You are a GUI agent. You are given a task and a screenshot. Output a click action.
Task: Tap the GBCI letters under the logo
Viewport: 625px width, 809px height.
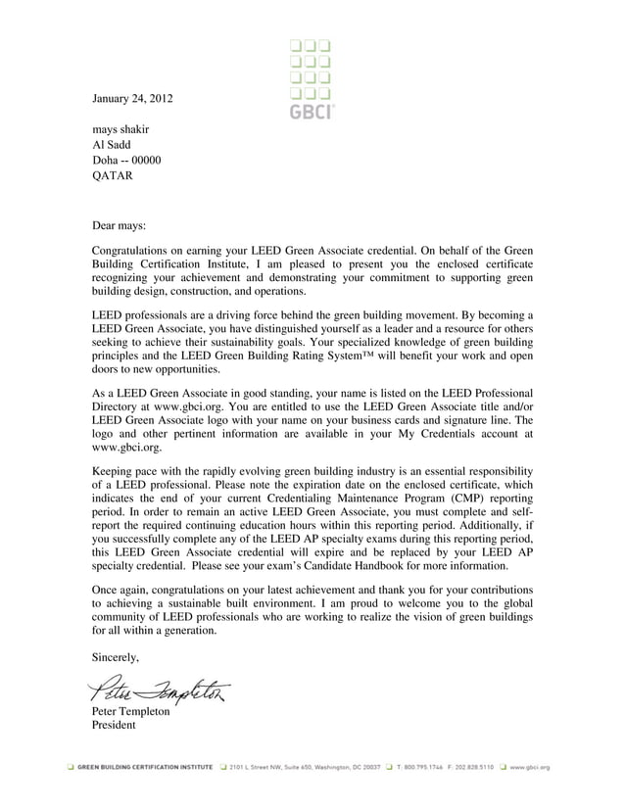point(312,112)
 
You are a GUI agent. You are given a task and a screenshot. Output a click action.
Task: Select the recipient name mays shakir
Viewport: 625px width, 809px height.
point(120,129)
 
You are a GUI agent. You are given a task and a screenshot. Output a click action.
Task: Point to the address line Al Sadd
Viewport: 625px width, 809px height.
point(110,145)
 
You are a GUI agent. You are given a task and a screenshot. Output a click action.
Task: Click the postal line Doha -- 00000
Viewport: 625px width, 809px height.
point(126,161)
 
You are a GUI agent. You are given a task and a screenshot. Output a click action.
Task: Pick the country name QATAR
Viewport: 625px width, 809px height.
point(111,176)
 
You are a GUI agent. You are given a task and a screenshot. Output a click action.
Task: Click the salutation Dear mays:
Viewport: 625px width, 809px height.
point(118,225)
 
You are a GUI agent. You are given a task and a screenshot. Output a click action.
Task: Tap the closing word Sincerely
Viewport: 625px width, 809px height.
point(116,657)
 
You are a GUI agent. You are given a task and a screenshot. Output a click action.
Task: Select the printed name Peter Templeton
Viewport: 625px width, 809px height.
point(130,712)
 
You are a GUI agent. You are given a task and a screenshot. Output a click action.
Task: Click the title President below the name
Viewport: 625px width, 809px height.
point(114,726)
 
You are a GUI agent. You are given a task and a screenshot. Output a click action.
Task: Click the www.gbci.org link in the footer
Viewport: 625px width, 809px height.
point(530,769)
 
